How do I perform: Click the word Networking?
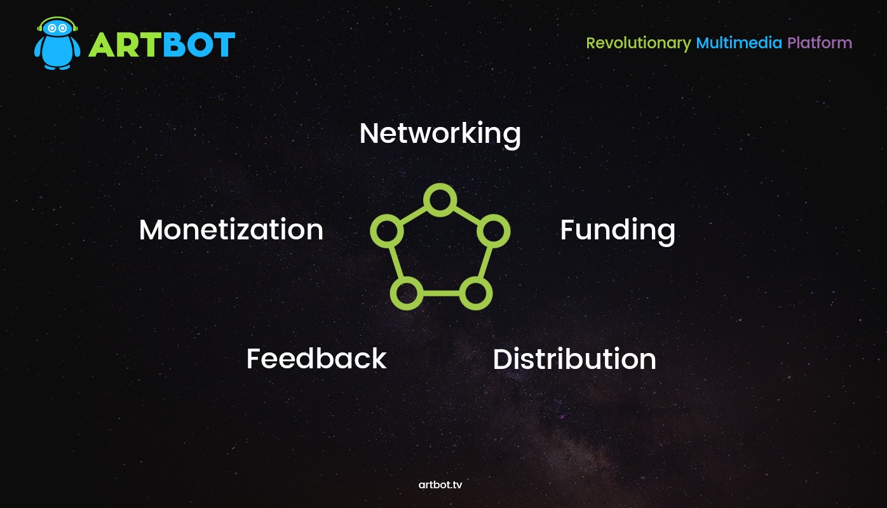coord(440,134)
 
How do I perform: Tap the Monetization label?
coord(231,229)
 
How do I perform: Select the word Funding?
coord(618,231)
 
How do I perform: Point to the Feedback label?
coord(316,358)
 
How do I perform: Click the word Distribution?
coord(574,359)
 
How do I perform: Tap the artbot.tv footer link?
coord(440,485)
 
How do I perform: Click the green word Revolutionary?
coord(639,43)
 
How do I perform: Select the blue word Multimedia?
coord(739,43)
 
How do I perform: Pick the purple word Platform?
coord(819,43)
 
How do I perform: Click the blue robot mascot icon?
coord(57,44)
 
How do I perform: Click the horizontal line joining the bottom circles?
coord(441,293)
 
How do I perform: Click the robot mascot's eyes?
coord(57,29)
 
